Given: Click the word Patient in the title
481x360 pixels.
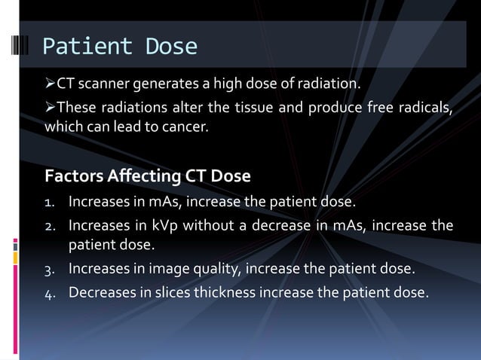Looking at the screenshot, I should pyautogui.click(x=78, y=47).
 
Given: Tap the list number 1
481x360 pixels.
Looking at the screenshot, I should pyautogui.click(x=50, y=203).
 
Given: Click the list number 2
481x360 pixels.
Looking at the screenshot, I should pyautogui.click(x=50, y=226).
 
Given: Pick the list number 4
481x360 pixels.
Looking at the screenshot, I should pyautogui.click(x=50, y=292).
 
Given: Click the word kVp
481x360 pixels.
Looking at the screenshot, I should pyautogui.click(x=176, y=226).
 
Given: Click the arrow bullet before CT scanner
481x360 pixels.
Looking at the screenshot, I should pyautogui.click(x=51, y=82).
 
